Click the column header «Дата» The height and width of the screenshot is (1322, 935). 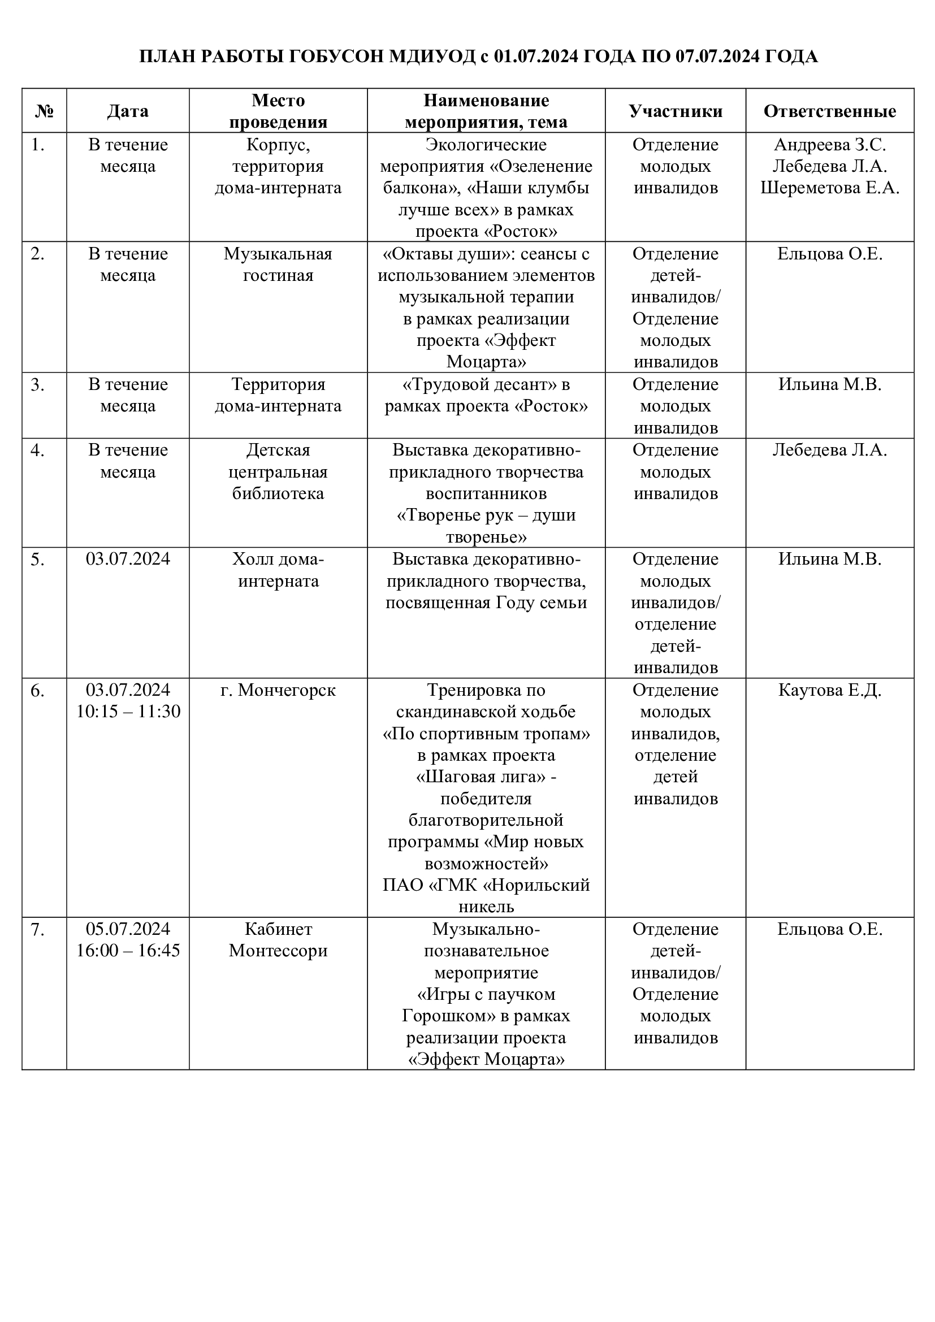pyautogui.click(x=127, y=111)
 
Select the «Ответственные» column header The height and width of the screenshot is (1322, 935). pyautogui.click(x=829, y=111)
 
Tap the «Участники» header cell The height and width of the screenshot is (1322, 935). pyautogui.click(x=675, y=111)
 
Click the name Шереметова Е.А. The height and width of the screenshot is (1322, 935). pyautogui.click(x=829, y=188)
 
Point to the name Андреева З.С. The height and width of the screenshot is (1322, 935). pyautogui.click(x=829, y=145)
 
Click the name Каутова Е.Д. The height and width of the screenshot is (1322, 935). pyautogui.click(x=829, y=690)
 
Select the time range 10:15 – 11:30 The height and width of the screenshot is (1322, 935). pyautogui.click(x=128, y=712)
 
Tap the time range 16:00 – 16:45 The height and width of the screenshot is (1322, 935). pyautogui.click(x=128, y=951)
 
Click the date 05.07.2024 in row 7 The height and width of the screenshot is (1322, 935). pyautogui.click(x=128, y=929)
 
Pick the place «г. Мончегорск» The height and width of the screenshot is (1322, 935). pyautogui.click(x=278, y=690)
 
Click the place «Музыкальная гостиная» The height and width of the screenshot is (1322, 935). pyautogui.click(x=278, y=265)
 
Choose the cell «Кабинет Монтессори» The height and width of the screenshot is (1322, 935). pyautogui.click(x=278, y=940)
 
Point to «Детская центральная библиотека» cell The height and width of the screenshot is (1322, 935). pyautogui.click(x=278, y=471)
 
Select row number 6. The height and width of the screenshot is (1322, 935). pyautogui.click(x=37, y=690)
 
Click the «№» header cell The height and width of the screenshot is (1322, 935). pyautogui.click(x=44, y=111)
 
